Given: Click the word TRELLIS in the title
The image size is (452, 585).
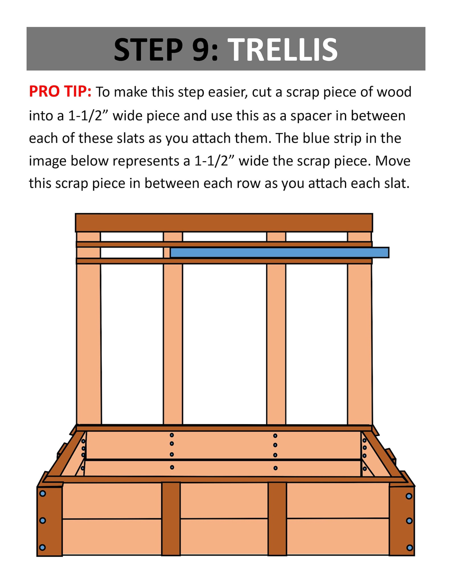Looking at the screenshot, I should point(284,50).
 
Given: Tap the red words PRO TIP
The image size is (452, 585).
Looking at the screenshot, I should point(60,92).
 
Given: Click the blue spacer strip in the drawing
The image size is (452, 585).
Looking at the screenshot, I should point(279,253).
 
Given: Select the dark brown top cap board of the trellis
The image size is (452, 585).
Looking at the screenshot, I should point(224,222).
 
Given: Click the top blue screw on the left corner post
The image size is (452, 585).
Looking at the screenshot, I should point(42,494).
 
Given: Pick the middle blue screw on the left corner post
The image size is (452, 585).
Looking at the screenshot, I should point(42,520).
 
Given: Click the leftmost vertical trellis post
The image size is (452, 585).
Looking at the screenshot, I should point(89,342).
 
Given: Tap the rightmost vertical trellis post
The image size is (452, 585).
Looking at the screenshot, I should point(359,342).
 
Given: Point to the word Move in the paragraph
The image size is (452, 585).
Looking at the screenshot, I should point(393,161).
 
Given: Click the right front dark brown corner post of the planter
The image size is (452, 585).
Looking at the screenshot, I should point(402,521).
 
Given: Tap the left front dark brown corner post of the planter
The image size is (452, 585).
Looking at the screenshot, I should point(50,521).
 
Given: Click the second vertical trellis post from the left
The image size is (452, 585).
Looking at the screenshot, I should point(173,342).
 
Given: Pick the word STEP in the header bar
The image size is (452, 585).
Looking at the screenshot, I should point(148,50).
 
